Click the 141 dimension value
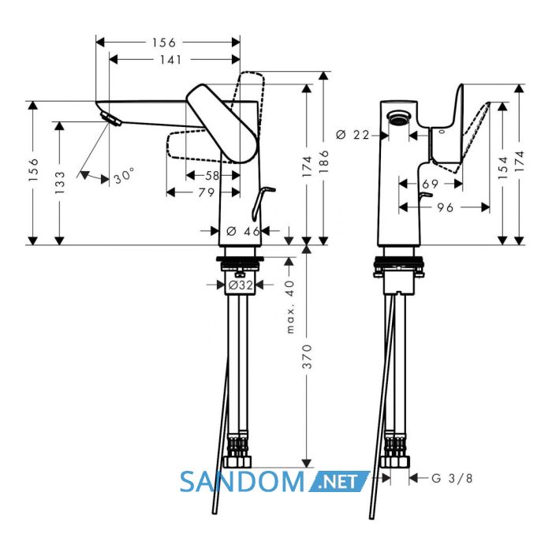[x=171, y=60]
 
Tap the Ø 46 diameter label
[x=243, y=231]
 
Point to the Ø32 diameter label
[x=241, y=285]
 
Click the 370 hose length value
[x=307, y=356]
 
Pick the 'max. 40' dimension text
[x=289, y=307]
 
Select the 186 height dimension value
[x=323, y=162]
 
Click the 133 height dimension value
[x=60, y=182]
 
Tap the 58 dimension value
[x=213, y=175]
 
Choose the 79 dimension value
[x=207, y=192]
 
